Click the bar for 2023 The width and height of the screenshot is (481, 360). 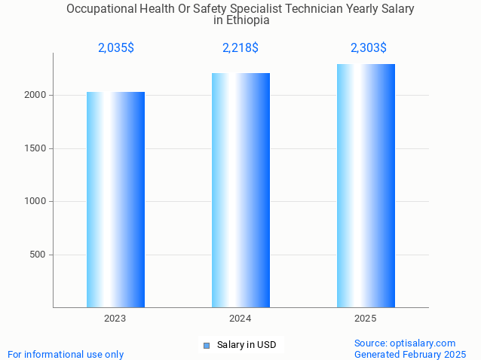pos(115,200)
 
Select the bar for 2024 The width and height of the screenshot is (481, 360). pos(240,190)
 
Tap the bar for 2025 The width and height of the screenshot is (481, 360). pos(366,185)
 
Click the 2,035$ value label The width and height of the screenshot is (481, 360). pos(116,48)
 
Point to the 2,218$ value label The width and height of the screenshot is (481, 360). pos(240,48)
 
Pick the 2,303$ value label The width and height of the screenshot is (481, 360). pos(369,48)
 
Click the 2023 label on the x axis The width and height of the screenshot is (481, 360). pos(115,319)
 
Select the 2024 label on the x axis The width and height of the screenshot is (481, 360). pos(240,319)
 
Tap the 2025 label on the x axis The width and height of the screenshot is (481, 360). pos(366,319)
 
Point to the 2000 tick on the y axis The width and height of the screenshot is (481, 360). pos(35,96)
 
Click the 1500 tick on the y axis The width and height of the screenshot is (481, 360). pos(35,148)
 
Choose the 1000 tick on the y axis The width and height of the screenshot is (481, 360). pos(35,201)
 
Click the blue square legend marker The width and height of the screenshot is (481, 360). pos(206,346)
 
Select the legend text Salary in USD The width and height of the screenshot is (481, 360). pos(247,346)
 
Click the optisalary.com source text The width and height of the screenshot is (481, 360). pos(405,343)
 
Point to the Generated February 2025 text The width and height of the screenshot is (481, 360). pos(410,354)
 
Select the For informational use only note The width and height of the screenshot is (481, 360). pos(66,354)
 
